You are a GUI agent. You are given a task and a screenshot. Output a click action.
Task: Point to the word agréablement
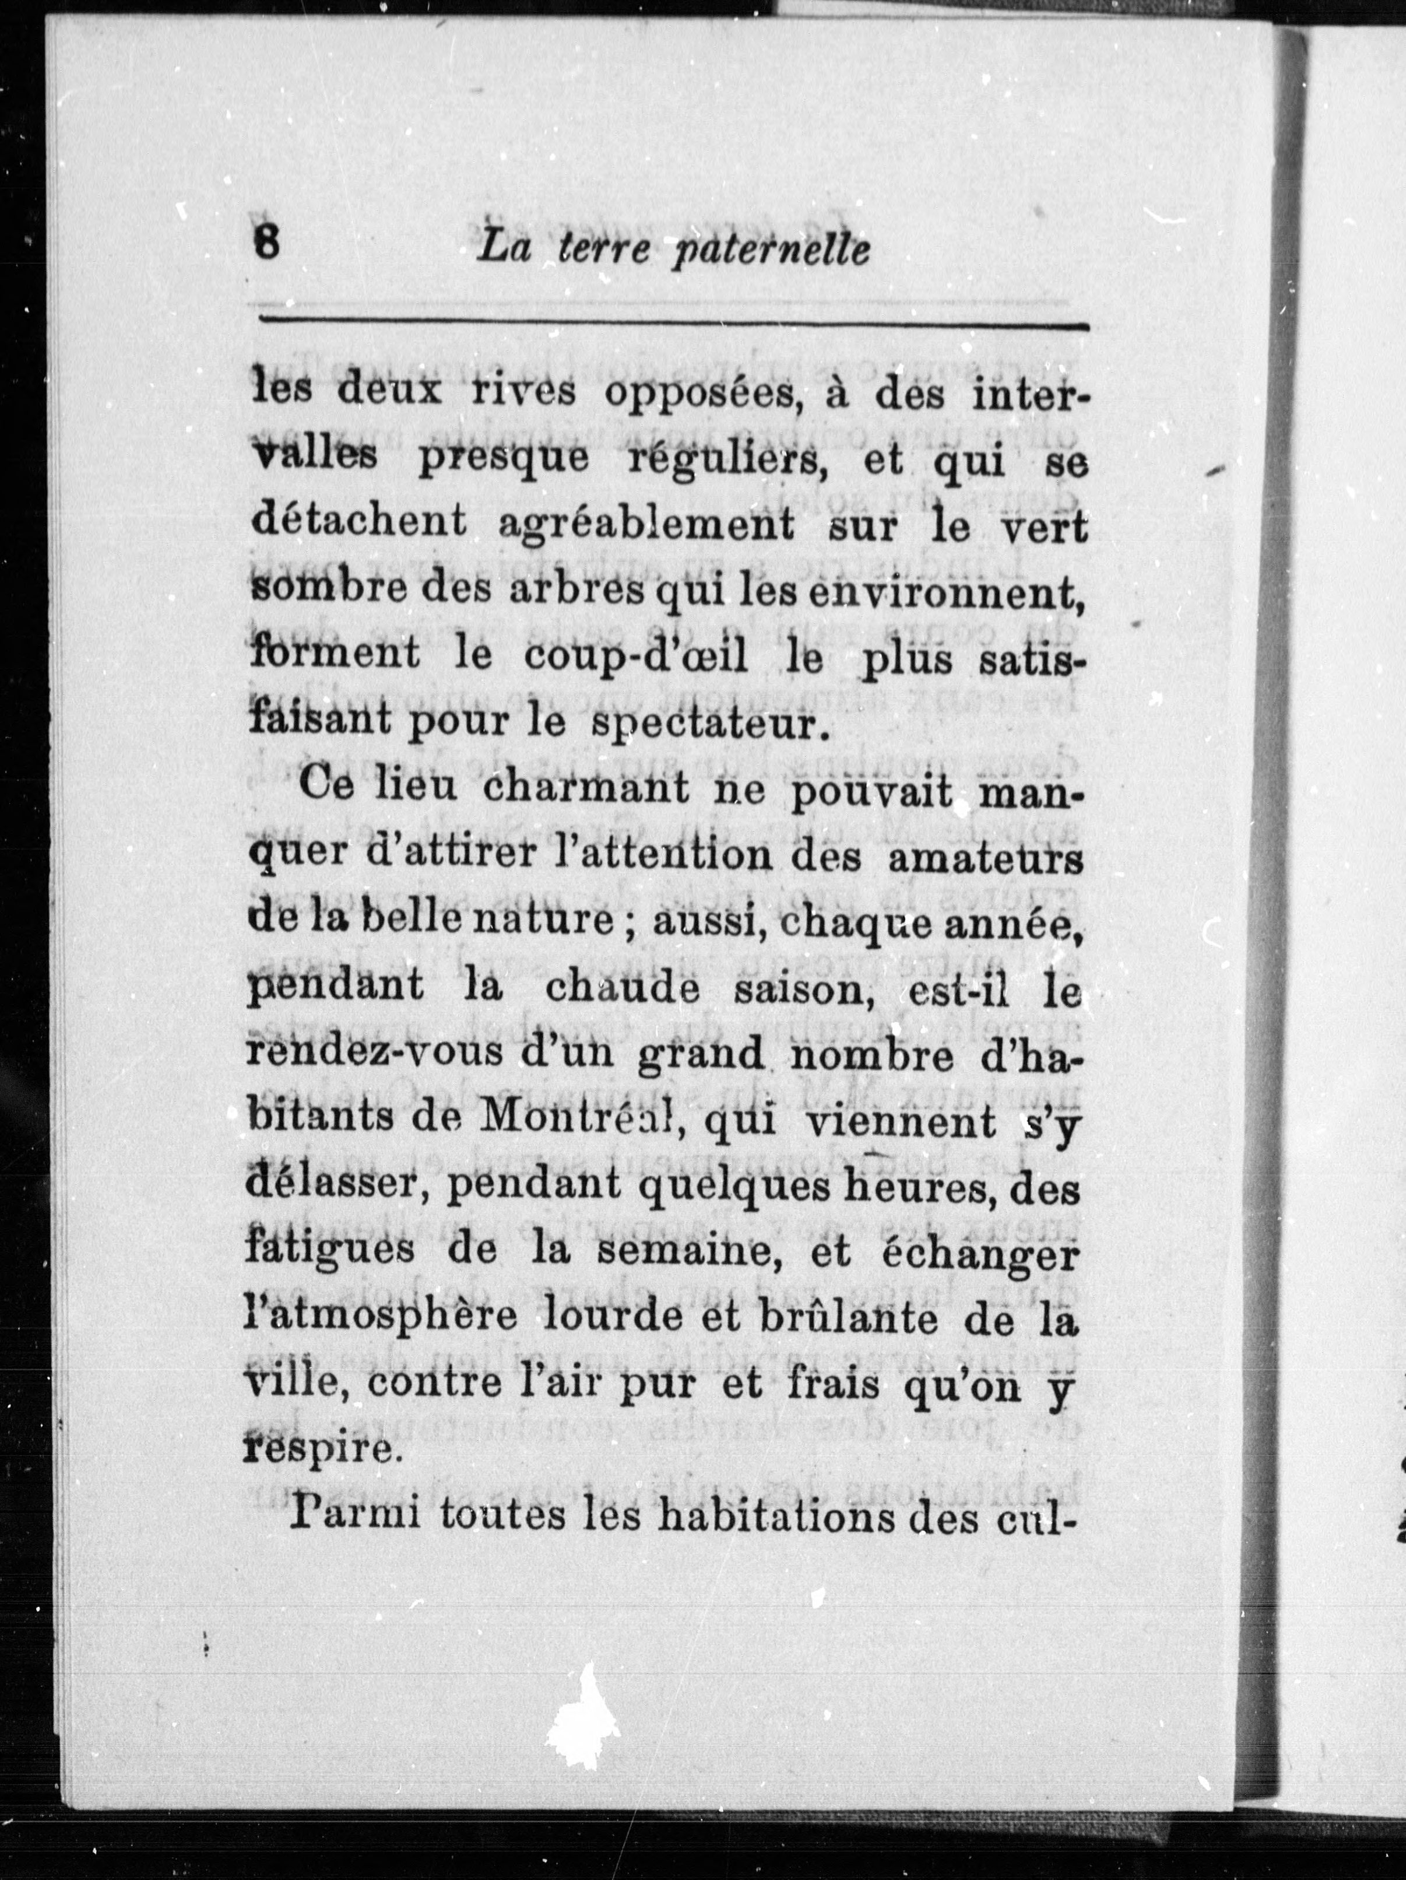click(646, 524)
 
